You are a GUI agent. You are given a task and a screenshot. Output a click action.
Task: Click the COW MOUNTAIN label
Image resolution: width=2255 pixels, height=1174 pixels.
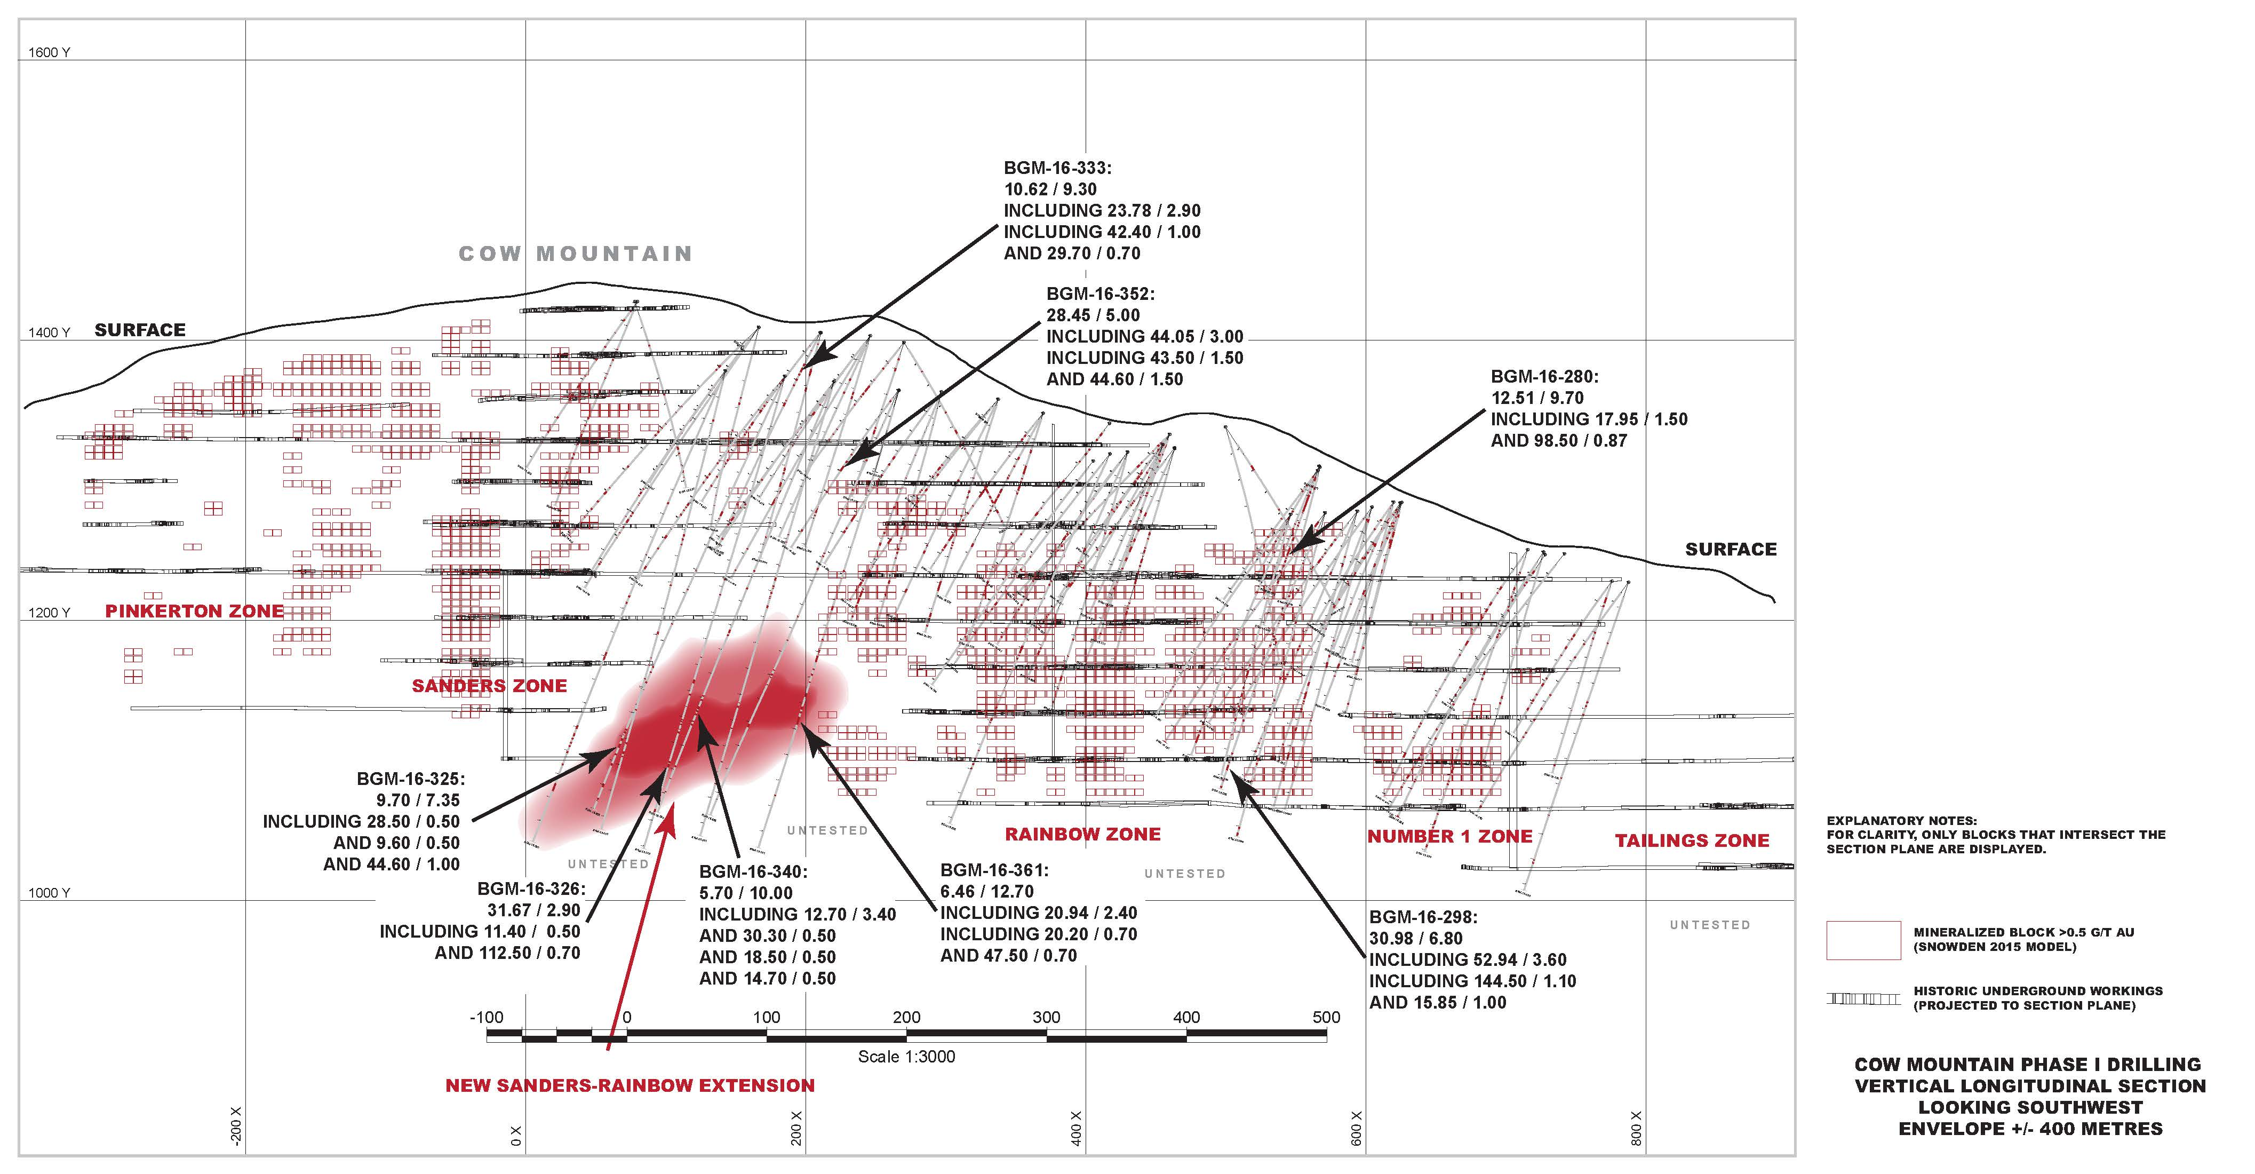[x=575, y=254]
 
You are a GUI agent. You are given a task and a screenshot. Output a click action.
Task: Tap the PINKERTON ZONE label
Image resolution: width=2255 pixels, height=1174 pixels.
[x=194, y=611]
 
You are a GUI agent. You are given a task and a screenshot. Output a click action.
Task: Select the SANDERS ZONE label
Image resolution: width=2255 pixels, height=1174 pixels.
[x=489, y=686]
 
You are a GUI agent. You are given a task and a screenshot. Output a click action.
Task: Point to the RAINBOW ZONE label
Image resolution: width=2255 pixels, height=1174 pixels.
[x=1083, y=834]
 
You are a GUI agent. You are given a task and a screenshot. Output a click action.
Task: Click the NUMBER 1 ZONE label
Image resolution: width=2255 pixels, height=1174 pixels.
[x=1449, y=836]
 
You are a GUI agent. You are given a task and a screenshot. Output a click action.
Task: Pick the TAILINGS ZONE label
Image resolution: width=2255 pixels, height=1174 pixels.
[x=1692, y=840]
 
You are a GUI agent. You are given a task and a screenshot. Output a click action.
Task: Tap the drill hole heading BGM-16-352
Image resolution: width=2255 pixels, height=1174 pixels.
[x=1101, y=294]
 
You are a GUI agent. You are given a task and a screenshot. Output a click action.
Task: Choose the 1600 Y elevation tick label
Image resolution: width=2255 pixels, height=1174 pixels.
[x=49, y=52]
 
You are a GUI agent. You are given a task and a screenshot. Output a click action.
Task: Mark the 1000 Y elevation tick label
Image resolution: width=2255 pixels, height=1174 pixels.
[x=49, y=893]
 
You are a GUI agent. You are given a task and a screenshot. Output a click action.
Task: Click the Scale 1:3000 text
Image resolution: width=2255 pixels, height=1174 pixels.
[x=906, y=1057]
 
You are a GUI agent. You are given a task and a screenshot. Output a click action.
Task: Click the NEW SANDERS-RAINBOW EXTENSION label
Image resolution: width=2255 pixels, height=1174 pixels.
[x=630, y=1085]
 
